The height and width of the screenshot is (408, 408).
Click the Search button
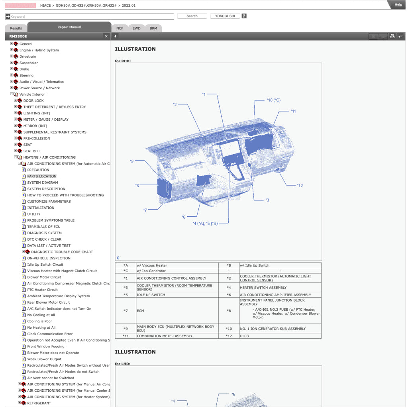coord(192,16)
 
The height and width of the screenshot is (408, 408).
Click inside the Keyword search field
coord(92,17)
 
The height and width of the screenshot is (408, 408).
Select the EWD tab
coord(136,28)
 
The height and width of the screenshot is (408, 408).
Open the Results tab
coord(16,28)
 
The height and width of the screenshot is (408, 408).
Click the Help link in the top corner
coord(398,5)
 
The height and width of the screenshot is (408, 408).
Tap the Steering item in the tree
coord(26,75)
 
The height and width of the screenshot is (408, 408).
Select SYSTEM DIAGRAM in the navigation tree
coord(43,182)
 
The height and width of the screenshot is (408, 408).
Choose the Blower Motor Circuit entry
coord(44,277)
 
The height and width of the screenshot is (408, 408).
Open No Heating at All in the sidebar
coord(41,328)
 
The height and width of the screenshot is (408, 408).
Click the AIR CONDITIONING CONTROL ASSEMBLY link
coord(171,278)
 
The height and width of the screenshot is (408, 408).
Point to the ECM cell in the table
coord(140,310)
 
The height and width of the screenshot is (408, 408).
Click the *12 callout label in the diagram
coord(300,186)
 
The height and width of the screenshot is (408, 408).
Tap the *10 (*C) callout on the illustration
coord(273,100)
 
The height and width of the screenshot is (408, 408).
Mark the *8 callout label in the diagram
coord(137,185)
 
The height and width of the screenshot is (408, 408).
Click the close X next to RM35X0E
coord(106,36)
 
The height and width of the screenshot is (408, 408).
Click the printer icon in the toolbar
coord(392,36)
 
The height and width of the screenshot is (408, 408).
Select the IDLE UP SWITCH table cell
coord(151,295)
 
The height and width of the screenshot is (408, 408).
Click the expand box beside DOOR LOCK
coord(16,100)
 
